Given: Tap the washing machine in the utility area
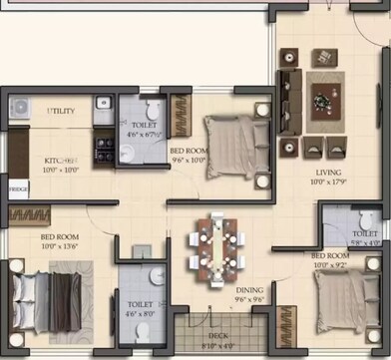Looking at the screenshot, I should tap(21, 107).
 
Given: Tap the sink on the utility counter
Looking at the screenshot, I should tap(103, 103).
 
